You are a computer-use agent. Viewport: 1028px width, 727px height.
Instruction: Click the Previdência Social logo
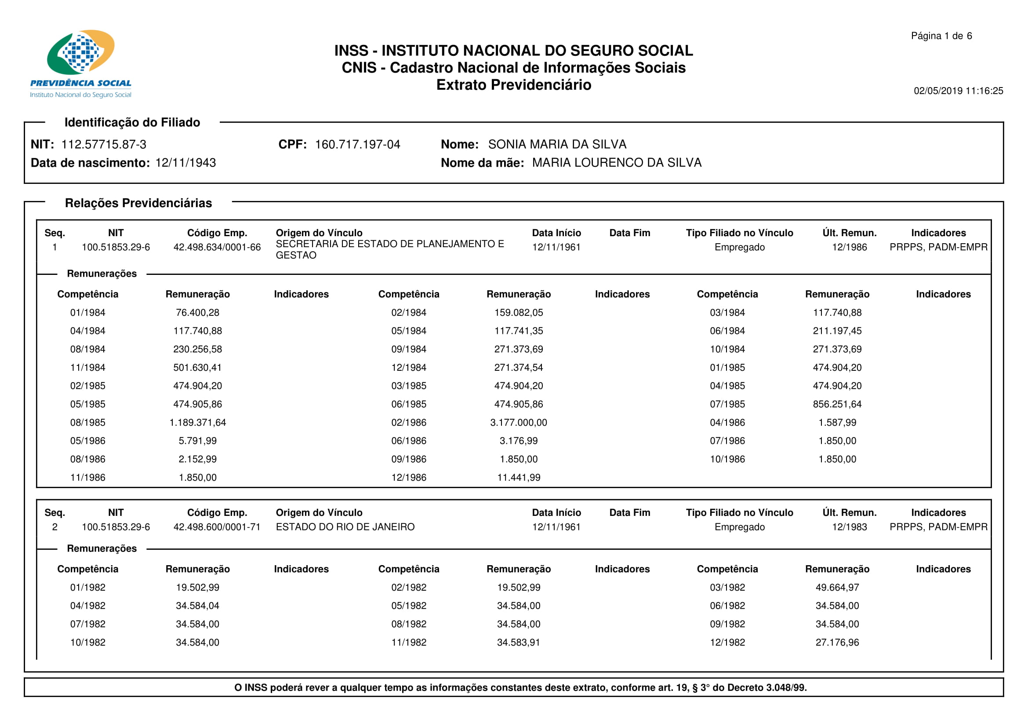point(80,64)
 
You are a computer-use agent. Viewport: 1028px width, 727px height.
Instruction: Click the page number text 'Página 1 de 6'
point(941,36)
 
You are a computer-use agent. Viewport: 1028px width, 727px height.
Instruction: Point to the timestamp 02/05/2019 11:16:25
point(958,91)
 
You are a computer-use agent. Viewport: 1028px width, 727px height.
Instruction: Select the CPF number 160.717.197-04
point(357,144)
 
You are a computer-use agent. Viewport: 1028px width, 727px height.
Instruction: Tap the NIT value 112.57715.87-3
point(103,144)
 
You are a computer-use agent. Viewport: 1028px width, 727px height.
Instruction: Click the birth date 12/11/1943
point(185,163)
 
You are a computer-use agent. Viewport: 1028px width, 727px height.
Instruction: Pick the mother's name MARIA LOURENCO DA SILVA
point(617,163)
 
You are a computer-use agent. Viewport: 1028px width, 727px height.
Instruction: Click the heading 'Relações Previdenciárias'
point(138,203)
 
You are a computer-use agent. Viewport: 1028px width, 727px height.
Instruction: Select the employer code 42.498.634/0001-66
point(217,247)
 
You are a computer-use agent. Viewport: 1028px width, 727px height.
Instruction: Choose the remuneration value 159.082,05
point(519,313)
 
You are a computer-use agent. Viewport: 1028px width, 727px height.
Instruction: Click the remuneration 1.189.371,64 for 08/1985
point(197,422)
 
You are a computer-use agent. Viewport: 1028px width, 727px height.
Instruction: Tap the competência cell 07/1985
point(727,404)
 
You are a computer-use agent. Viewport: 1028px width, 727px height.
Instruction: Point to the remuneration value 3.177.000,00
point(519,422)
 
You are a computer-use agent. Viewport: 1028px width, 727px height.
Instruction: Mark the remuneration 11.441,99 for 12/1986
point(519,478)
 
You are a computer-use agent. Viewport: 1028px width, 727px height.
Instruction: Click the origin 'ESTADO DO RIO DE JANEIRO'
point(345,527)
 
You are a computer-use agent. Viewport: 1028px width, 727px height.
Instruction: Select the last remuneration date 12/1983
point(850,527)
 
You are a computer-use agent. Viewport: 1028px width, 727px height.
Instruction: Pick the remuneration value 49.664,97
point(837,587)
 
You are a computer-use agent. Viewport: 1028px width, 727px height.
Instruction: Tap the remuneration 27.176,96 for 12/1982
point(837,643)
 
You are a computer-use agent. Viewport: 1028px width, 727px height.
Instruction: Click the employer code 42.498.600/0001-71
point(217,527)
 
